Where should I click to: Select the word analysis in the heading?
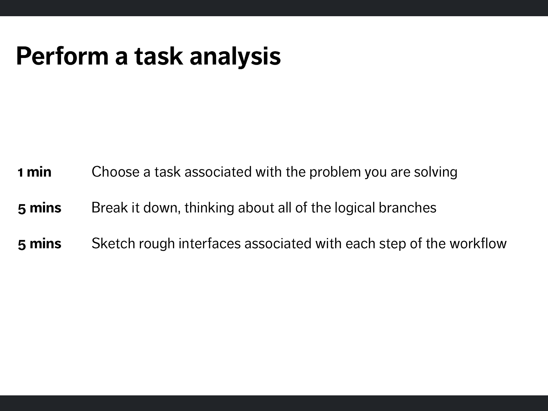coord(235,57)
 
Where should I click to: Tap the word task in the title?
coord(158,56)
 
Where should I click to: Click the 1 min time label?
coord(35,172)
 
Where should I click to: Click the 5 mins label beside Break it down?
coord(39,208)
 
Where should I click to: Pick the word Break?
coord(110,207)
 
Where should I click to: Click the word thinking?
coord(209,208)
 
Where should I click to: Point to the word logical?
coord(355,208)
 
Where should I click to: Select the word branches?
coord(408,207)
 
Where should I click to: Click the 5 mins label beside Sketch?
coord(39,244)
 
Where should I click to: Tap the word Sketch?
coord(113,243)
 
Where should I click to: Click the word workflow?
coord(478,243)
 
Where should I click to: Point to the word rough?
coord(157,244)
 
